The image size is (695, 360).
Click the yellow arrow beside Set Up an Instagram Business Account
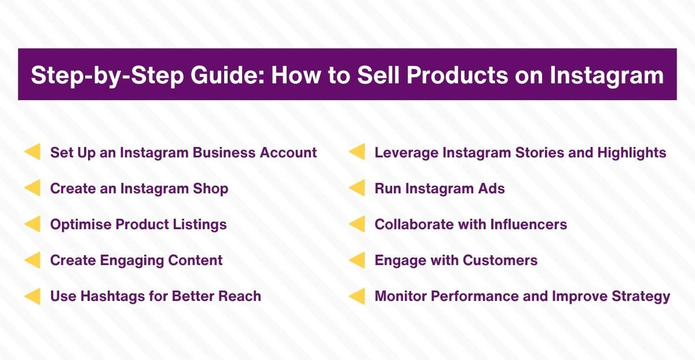coord(32,153)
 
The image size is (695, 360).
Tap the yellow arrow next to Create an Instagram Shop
coord(32,189)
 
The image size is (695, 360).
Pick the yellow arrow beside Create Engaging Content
coord(32,260)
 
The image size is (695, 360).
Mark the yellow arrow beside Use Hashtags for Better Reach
coord(32,296)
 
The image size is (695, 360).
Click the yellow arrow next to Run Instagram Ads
coord(357,189)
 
